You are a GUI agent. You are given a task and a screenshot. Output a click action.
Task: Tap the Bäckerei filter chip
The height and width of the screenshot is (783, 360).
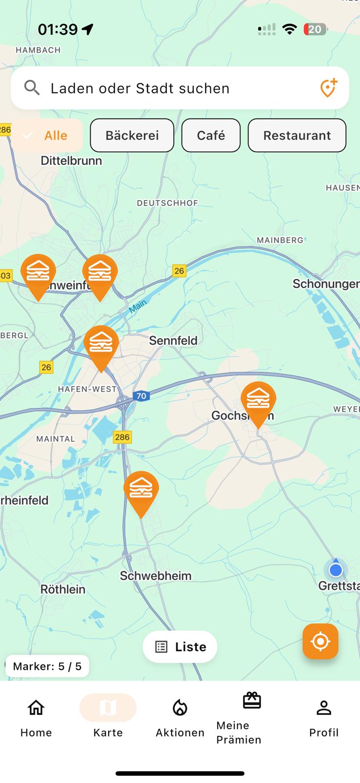click(132, 136)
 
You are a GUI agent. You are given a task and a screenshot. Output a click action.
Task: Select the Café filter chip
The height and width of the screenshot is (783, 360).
click(211, 136)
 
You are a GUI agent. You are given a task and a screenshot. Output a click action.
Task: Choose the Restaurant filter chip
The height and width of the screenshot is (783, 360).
click(297, 136)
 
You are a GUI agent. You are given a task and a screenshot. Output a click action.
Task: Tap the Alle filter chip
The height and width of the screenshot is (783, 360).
click(47, 136)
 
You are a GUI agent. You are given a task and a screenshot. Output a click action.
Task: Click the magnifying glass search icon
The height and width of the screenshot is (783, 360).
click(32, 88)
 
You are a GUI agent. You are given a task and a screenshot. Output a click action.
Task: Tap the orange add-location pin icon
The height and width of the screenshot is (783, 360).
click(328, 88)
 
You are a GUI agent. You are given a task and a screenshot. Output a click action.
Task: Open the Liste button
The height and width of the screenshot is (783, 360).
click(180, 647)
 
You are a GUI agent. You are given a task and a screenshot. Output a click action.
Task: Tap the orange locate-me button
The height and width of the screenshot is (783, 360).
click(320, 641)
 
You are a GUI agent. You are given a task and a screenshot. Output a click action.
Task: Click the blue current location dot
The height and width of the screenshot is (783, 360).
click(336, 570)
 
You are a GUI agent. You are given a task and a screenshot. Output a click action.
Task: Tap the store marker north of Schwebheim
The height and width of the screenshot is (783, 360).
click(141, 491)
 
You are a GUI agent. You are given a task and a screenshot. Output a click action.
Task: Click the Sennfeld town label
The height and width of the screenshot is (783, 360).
click(173, 341)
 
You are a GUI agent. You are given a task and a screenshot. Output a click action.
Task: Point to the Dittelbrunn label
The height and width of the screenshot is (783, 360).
click(71, 161)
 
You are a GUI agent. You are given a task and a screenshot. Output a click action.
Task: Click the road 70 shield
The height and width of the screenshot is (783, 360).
click(141, 396)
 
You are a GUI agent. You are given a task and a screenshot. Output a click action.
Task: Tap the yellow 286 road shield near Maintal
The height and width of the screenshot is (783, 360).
click(122, 437)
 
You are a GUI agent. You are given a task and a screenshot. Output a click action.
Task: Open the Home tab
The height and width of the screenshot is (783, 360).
click(36, 717)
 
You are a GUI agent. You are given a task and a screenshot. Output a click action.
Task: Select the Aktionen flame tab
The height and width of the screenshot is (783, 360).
click(180, 717)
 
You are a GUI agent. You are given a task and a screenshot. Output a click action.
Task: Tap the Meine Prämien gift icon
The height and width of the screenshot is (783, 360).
click(252, 701)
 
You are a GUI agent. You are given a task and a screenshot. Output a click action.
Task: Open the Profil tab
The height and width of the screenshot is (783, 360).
click(324, 717)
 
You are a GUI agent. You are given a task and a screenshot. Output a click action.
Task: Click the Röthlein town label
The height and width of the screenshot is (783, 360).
click(63, 589)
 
